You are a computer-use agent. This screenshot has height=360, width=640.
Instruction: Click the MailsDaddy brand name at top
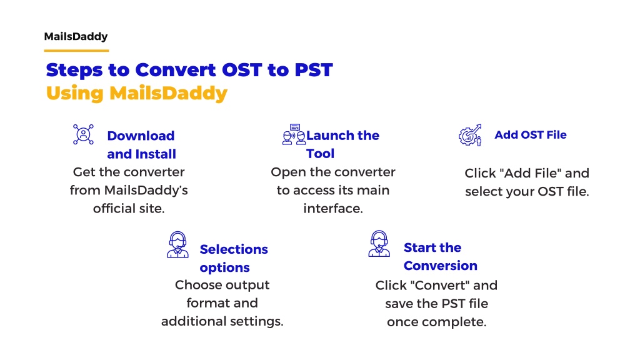(76, 37)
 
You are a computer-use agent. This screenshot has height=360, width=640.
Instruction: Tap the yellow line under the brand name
(76, 51)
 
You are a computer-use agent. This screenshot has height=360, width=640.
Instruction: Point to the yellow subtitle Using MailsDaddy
(137, 94)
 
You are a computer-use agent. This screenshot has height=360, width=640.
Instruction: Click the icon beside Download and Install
(83, 134)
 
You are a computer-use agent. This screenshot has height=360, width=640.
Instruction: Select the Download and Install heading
(141, 144)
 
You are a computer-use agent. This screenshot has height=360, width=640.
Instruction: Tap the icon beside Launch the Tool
(294, 134)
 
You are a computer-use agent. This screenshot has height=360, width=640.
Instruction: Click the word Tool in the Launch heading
(321, 154)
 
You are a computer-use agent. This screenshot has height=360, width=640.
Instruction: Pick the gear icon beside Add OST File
(470, 135)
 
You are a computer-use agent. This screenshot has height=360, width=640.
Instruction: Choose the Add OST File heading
(531, 135)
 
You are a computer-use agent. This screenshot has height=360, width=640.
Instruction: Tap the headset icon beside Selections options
(177, 244)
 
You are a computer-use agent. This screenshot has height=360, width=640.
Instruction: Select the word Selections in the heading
(234, 249)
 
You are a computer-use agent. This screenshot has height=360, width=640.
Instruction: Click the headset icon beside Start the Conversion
(379, 243)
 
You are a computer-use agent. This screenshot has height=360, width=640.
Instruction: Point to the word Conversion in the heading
(441, 266)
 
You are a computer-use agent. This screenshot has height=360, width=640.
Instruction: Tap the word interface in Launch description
(333, 208)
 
